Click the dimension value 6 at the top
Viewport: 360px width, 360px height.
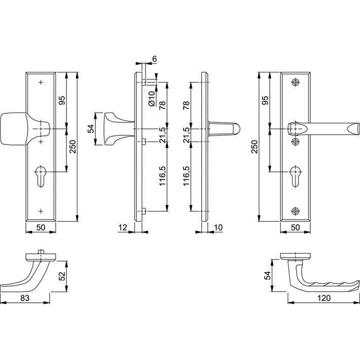coord(154,59)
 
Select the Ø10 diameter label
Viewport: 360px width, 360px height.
coord(152,99)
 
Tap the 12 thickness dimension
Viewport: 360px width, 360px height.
coord(123,228)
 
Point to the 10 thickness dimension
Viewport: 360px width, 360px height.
coord(219,228)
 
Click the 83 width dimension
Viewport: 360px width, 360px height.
coord(25,298)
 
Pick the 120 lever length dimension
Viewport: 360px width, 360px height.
coord(324,298)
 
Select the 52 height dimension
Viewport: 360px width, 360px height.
coord(62,276)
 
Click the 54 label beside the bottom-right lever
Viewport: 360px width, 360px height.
coord(268,275)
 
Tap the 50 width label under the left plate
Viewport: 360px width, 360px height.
coord(41,228)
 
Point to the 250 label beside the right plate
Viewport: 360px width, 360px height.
coord(255,147)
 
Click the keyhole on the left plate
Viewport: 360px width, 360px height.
coord(41,176)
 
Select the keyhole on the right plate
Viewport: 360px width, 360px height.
coord(295,176)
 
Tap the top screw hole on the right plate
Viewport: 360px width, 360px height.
coord(295,82)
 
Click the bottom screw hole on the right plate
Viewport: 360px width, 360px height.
coord(295,211)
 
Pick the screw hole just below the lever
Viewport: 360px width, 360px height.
coord(295,141)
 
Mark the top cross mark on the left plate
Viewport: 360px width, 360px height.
coord(41,82)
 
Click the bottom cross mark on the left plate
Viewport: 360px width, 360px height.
coord(41,211)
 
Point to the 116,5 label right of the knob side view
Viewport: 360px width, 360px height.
coord(162,175)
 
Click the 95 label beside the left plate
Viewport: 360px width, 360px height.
coord(62,100)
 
